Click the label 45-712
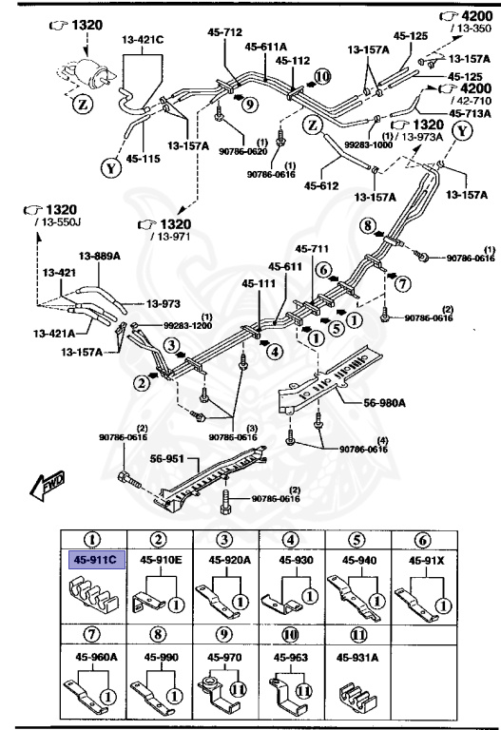[x=224, y=31]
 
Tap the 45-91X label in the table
[x=428, y=561]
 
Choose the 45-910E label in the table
[x=161, y=561]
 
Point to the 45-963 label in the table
[x=292, y=655]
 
